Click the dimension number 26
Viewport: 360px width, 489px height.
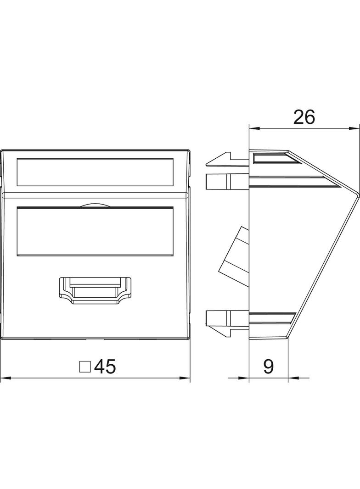tap(304, 117)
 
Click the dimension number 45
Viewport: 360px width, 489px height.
tap(105, 367)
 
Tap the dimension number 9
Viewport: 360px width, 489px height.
tap(268, 367)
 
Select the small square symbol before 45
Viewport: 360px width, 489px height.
tap(85, 367)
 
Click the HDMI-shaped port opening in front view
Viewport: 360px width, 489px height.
tap(95, 290)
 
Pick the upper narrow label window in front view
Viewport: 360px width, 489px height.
tap(95, 172)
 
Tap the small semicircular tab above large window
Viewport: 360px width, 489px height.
tap(95, 205)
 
